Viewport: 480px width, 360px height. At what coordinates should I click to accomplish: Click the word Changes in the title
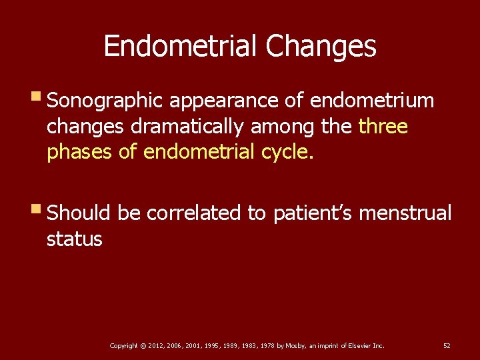tap(321, 47)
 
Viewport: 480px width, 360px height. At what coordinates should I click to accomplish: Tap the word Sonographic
tap(105, 101)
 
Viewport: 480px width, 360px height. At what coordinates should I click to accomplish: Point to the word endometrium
tap(372, 101)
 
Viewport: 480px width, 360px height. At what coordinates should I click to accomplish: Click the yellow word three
tap(383, 127)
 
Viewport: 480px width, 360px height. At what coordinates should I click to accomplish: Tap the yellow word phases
tap(79, 153)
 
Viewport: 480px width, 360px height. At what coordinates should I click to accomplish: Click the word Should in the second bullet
tap(80, 213)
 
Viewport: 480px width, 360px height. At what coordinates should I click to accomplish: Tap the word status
tap(74, 239)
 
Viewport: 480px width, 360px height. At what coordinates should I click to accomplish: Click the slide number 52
tap(447, 345)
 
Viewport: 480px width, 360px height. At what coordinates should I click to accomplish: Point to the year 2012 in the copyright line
tap(155, 345)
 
